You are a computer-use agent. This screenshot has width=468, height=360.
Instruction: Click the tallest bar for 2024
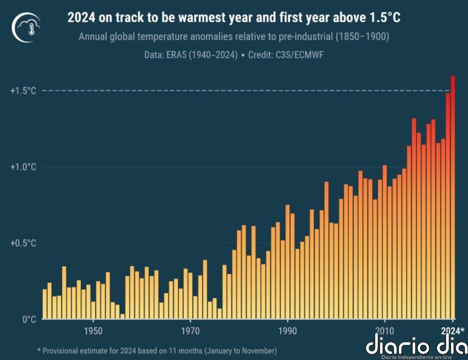453,196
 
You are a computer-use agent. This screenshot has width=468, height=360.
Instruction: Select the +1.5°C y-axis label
23,91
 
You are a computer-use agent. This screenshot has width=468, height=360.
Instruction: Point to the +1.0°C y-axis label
23,167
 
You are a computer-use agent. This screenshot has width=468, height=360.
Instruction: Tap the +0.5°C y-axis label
23,243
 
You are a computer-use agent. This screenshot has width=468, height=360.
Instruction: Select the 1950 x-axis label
93,330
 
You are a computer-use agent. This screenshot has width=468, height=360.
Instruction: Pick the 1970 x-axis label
191,330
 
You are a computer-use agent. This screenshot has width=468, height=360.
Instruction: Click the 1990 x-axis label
287,330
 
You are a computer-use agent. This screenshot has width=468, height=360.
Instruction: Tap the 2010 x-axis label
384,330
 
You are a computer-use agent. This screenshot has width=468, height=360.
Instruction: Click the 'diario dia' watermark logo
415,345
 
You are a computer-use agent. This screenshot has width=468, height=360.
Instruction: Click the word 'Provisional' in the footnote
63,351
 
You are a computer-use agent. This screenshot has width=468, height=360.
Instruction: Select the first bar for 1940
45,304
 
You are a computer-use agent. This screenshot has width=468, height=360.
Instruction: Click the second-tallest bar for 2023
448,206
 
